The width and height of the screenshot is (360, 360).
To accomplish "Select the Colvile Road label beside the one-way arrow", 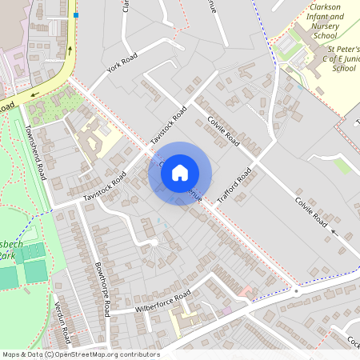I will pos(310,212).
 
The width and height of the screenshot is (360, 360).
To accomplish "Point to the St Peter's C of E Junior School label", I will pos(333,58).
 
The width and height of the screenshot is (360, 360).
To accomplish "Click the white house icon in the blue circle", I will pos(180,173).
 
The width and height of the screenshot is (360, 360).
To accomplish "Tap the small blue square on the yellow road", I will pos(76,14).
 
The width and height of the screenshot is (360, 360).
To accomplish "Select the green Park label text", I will pos(7,256).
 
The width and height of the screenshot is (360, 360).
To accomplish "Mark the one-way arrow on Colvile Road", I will pos(334,234).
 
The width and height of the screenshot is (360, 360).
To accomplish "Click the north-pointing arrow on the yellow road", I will pos(70,50).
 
